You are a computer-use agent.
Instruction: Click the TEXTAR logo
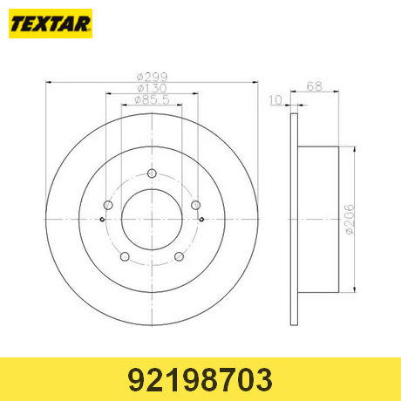51,24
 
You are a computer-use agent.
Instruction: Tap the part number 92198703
200,379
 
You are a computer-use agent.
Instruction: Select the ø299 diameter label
153,77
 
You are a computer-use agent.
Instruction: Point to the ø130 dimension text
152,88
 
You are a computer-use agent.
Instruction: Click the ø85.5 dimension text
152,99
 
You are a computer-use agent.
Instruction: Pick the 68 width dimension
315,86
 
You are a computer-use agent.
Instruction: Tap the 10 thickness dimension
275,100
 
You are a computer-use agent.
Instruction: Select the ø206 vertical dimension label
350,220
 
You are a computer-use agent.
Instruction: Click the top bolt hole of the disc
152,173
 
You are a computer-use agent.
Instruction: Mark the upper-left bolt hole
108,205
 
